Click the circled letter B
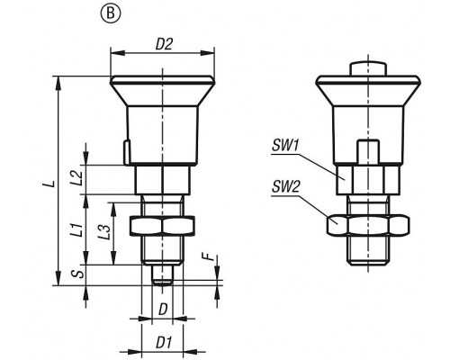pos(111,13)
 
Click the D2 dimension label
pos(164,44)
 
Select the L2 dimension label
pos(77,177)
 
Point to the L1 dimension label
pos(77,229)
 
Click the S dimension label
pos(78,274)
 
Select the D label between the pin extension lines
pos(163,310)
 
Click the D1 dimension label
pos(164,343)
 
